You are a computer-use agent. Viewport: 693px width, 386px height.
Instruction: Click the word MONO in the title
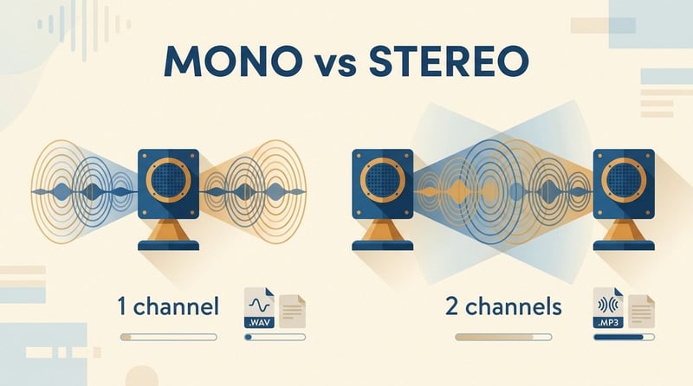233,61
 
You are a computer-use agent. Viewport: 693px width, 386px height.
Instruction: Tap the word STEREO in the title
449,61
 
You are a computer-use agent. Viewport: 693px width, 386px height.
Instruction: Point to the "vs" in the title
335,65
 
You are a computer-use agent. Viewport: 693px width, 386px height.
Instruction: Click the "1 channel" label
168,306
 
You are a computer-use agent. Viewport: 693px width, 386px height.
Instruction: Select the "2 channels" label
503,306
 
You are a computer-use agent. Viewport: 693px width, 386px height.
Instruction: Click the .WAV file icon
259,308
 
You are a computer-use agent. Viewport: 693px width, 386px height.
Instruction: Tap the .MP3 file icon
608,308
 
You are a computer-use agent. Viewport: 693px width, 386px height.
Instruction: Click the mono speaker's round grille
168,180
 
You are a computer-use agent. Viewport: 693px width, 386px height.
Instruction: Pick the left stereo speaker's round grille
383,180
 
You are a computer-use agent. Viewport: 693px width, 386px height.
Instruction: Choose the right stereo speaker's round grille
624,180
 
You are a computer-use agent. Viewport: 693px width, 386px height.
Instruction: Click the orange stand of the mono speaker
168,229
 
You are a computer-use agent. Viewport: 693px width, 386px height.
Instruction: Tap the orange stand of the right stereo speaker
624,229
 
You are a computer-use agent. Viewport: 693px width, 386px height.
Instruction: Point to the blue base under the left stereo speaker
383,246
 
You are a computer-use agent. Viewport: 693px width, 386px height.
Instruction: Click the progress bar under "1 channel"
168,337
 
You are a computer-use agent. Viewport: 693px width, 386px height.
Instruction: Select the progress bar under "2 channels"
503,337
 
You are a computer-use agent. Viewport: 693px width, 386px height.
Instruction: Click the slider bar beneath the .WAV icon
275,337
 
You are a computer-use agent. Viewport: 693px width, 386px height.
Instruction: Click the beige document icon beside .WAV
292,312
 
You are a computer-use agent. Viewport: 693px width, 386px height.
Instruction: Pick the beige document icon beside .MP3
641,312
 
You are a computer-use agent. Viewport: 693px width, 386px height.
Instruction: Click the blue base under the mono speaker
168,246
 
